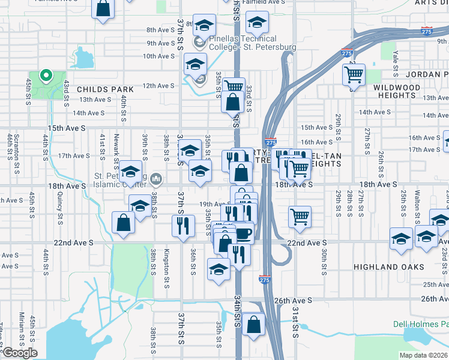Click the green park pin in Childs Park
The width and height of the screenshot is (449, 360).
[x=45, y=76]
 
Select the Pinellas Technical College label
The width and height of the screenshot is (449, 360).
[x=252, y=43]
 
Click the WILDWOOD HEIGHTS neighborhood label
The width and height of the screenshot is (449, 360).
[x=397, y=91]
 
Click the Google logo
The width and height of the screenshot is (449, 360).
[x=20, y=353]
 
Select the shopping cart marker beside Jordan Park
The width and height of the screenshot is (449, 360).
[x=354, y=76]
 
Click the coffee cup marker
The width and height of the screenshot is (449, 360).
[x=243, y=233]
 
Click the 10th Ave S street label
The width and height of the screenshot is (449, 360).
[x=158, y=56]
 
